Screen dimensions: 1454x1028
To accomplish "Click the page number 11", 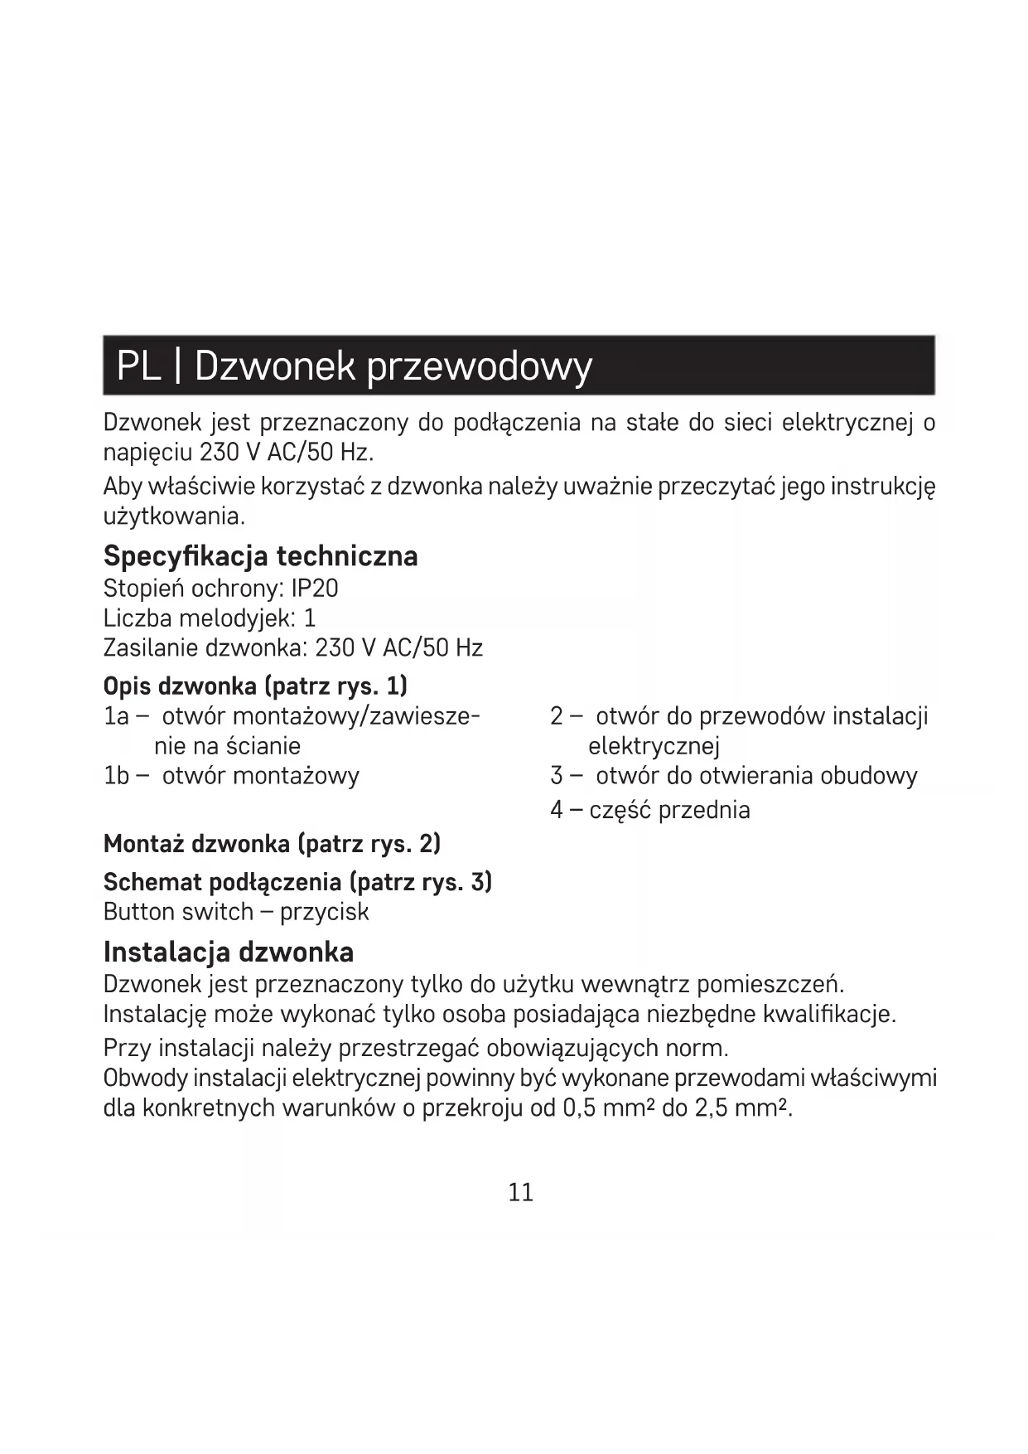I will coord(520,1192).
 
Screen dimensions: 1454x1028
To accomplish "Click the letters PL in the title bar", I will coord(138,366).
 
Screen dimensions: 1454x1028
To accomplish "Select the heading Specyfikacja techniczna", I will coord(260,555).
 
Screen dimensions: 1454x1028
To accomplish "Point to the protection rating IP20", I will coord(315,589).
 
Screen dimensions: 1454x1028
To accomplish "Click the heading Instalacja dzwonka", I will coord(229,952).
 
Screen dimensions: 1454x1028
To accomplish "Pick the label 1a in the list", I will coord(116,716).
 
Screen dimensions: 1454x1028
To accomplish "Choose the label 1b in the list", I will coord(117,776).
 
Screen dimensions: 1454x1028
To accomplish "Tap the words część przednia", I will coord(669,810).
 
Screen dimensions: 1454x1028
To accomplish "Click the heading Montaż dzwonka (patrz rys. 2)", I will coord(272,844).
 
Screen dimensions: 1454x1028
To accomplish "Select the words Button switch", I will coord(178,912).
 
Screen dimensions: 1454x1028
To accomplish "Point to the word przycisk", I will coord(324,913).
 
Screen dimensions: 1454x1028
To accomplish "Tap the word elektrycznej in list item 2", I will coord(654,746).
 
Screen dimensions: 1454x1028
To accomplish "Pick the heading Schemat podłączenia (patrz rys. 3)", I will coord(297,882).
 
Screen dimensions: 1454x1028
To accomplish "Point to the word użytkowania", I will coord(173,517).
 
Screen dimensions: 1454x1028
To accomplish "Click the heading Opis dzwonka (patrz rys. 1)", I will coord(255,686).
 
